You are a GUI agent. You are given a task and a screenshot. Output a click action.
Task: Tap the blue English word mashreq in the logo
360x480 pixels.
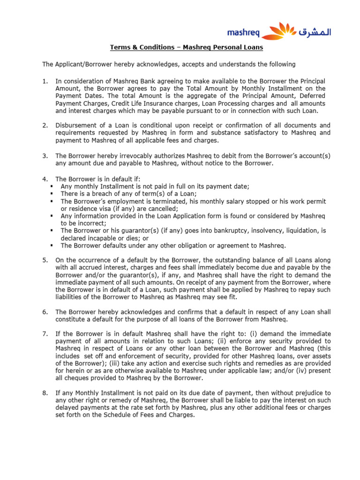pos(242,33)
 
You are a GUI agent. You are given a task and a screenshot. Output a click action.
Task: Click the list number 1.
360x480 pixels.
pos(45,81)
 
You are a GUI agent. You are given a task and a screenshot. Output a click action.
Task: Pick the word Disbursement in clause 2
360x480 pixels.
pos(77,125)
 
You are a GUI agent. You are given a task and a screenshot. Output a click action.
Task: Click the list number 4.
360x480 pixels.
pos(45,179)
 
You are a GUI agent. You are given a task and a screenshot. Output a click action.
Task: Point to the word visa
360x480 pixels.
pos(108,209)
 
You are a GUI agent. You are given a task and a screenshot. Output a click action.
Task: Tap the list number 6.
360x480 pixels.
pos(45,312)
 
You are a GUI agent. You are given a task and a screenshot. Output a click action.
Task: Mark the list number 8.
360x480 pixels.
pos(45,393)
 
